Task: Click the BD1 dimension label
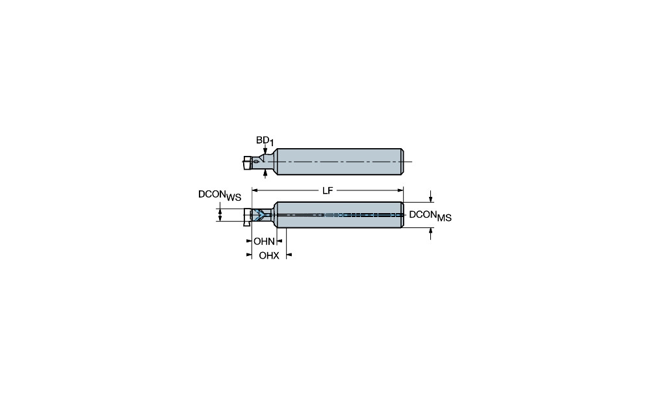click(265, 141)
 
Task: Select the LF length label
click(328, 190)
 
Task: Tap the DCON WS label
click(219, 195)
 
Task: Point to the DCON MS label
click(430, 216)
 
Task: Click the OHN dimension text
click(264, 241)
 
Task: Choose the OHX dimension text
click(269, 256)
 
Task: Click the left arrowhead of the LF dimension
click(255, 190)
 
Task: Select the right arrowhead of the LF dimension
click(400, 190)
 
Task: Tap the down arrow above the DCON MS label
click(431, 196)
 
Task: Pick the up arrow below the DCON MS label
click(431, 234)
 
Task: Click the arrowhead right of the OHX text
click(289, 255)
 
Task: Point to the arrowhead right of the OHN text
click(279, 241)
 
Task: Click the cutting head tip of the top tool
click(246, 162)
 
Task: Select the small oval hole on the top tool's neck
click(257, 160)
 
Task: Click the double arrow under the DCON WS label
click(220, 214)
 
